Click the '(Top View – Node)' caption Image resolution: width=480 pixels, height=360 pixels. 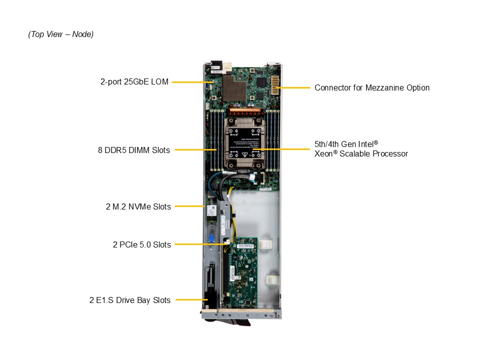[61, 34]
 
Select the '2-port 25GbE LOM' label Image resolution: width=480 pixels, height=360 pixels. [134, 81]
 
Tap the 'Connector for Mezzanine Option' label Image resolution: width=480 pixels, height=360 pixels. [371, 87]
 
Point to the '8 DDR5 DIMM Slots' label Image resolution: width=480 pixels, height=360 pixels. [133, 150]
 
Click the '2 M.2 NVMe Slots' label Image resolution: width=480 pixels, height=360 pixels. [138, 206]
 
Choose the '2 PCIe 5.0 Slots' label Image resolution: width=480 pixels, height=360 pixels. [141, 244]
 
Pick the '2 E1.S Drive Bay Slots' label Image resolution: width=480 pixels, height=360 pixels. [130, 300]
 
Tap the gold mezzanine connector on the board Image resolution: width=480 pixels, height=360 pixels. [274, 87]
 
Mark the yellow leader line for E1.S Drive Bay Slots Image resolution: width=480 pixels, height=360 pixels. [191, 300]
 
